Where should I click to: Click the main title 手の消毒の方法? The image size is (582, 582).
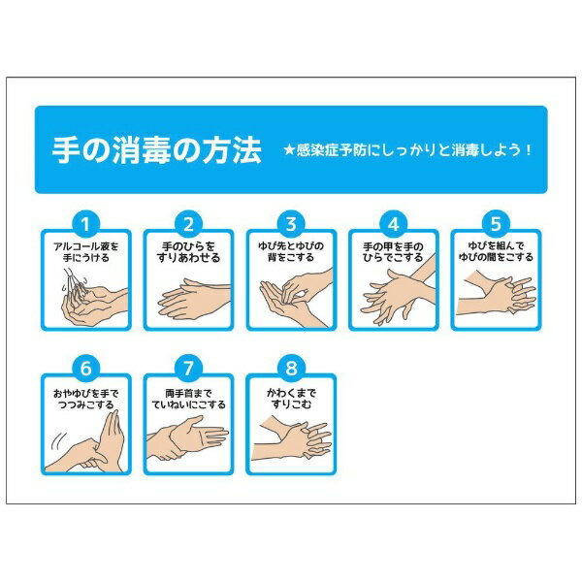(157, 150)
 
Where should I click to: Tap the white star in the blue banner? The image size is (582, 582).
(289, 150)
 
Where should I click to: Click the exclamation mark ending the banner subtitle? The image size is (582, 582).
(529, 150)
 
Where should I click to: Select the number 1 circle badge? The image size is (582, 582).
(85, 225)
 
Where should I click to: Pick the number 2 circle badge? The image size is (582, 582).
(188, 225)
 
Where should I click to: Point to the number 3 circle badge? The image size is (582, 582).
(291, 225)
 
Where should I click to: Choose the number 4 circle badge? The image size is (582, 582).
(394, 225)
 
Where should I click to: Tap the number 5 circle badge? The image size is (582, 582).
(496, 225)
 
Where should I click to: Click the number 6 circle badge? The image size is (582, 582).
(85, 369)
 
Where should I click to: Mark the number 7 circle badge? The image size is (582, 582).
(188, 369)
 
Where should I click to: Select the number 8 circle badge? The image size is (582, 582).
(291, 369)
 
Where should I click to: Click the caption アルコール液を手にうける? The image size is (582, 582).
(86, 252)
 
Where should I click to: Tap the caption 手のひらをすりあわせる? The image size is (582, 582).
(188, 252)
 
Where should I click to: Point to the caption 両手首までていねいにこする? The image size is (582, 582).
(188, 399)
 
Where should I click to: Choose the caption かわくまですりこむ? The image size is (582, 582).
(291, 399)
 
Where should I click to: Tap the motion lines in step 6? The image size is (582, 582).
(59, 440)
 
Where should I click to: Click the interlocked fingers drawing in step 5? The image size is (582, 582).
(496, 293)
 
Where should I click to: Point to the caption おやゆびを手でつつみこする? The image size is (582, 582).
(86, 399)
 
